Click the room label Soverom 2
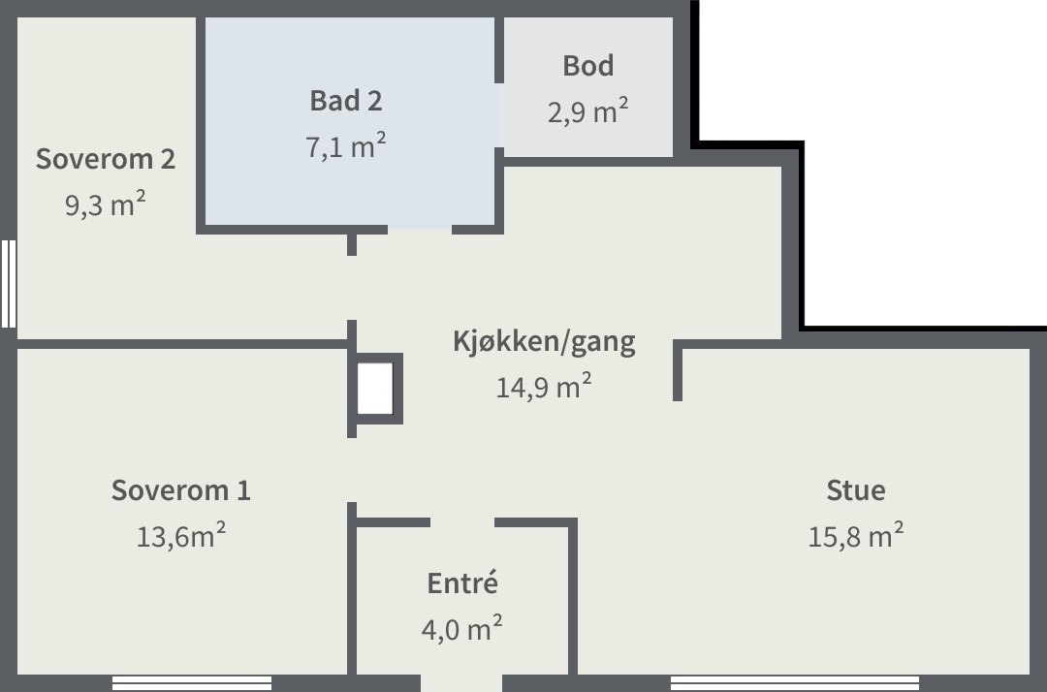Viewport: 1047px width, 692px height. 106,159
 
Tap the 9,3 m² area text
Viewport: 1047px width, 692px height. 106,204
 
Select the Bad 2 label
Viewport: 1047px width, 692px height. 346,101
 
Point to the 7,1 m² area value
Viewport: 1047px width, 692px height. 346,145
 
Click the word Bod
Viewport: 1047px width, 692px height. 588,65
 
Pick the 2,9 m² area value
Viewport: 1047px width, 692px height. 588,110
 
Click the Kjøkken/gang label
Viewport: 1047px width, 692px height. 544,342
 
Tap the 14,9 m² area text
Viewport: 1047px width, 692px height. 544,387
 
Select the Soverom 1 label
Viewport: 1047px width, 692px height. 181,490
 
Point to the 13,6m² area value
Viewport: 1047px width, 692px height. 181,535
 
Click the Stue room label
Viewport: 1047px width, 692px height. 856,490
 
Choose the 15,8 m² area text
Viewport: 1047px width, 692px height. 856,535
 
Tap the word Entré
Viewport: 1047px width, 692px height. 462,583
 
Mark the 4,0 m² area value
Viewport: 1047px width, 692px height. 462,628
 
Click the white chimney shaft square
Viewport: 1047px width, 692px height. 374,389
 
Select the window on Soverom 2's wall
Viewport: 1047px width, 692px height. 8,284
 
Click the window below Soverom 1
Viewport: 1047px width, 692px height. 192,682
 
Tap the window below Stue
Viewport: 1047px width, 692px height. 795,682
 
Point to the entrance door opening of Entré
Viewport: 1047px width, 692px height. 460,682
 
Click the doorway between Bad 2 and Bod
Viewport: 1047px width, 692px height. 499,115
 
